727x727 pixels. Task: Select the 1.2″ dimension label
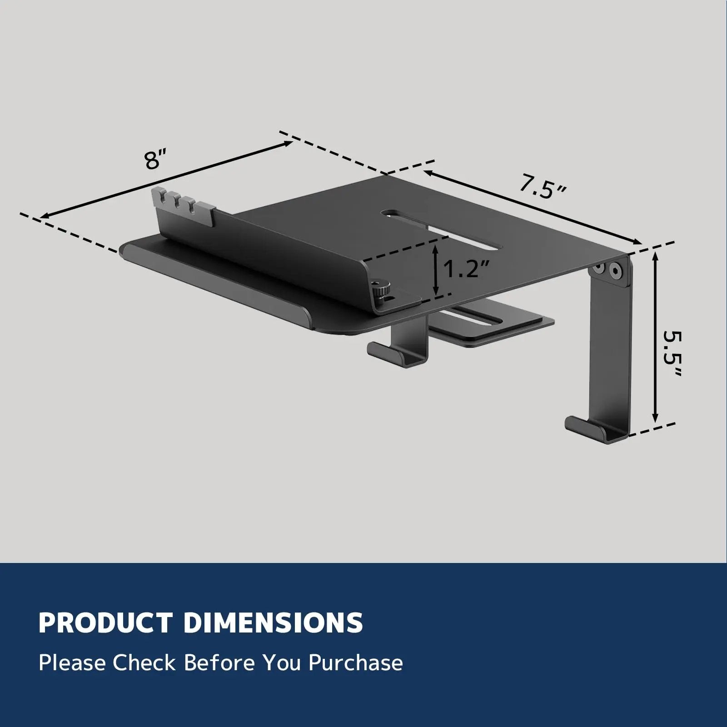coord(467,269)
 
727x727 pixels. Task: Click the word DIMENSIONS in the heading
coord(273,623)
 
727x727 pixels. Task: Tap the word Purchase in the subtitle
coord(355,664)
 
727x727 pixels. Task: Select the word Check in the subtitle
coord(144,663)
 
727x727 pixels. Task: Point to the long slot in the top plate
coord(443,229)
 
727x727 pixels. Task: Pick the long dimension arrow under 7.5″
coord(532,207)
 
